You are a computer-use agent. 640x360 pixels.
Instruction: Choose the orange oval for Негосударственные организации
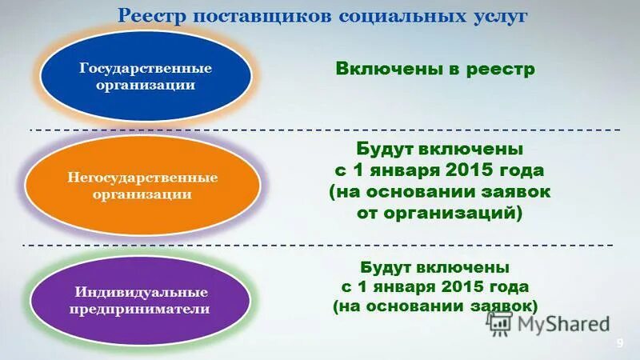(x=142, y=185)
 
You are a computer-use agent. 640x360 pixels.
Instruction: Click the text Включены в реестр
(x=434, y=70)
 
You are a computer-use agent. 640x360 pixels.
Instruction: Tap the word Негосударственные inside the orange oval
(x=142, y=177)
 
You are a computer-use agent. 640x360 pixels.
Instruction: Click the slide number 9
(x=619, y=343)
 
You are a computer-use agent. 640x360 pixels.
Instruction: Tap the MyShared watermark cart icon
(x=499, y=323)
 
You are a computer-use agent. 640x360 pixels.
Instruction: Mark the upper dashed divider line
(x=320, y=129)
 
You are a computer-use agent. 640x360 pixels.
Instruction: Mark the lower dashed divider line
(x=320, y=244)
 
